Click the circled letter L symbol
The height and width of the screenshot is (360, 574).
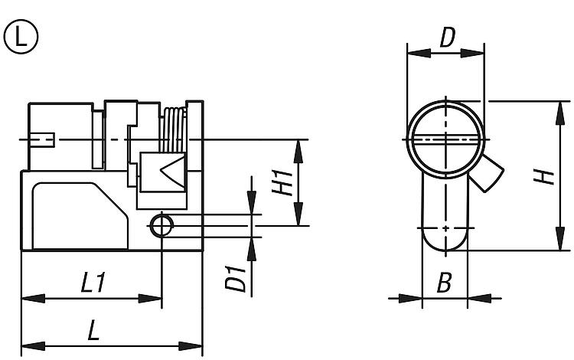click(21, 37)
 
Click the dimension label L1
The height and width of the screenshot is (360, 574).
click(93, 282)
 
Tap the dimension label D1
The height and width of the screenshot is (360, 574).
click(236, 279)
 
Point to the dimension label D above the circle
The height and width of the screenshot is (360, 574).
click(447, 37)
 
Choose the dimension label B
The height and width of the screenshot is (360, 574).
click(445, 283)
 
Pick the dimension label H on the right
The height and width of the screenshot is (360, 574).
click(544, 177)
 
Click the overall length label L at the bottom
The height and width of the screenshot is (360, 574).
click(94, 329)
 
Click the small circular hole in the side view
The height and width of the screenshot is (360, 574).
click(161, 226)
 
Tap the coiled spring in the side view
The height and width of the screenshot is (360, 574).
click(174, 129)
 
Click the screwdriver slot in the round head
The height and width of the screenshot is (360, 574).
click(446, 140)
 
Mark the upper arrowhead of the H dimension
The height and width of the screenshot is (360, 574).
click(560, 113)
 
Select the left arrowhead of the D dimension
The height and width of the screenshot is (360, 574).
click(419, 53)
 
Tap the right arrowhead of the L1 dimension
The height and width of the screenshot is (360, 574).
click(150, 299)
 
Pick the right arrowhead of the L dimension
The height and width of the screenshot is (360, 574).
click(191, 345)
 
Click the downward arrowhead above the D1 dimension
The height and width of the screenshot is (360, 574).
click(252, 202)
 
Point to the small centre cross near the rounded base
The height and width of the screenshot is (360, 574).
click(445, 228)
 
